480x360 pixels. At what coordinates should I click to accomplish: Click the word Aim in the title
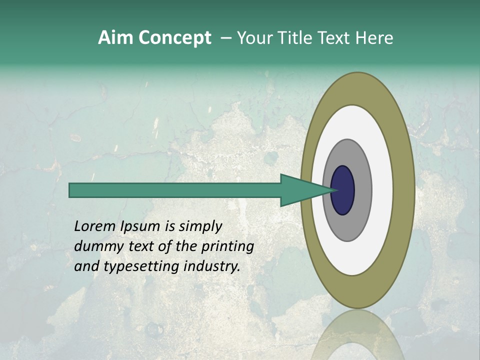tap(116, 37)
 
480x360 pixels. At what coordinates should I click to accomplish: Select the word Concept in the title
tap(175, 37)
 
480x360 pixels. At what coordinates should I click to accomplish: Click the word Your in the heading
tap(254, 37)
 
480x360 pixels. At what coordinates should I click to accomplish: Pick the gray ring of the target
tap(362, 190)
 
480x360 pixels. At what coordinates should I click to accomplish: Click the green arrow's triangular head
tap(300, 190)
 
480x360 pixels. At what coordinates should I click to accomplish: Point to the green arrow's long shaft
tap(175, 190)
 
